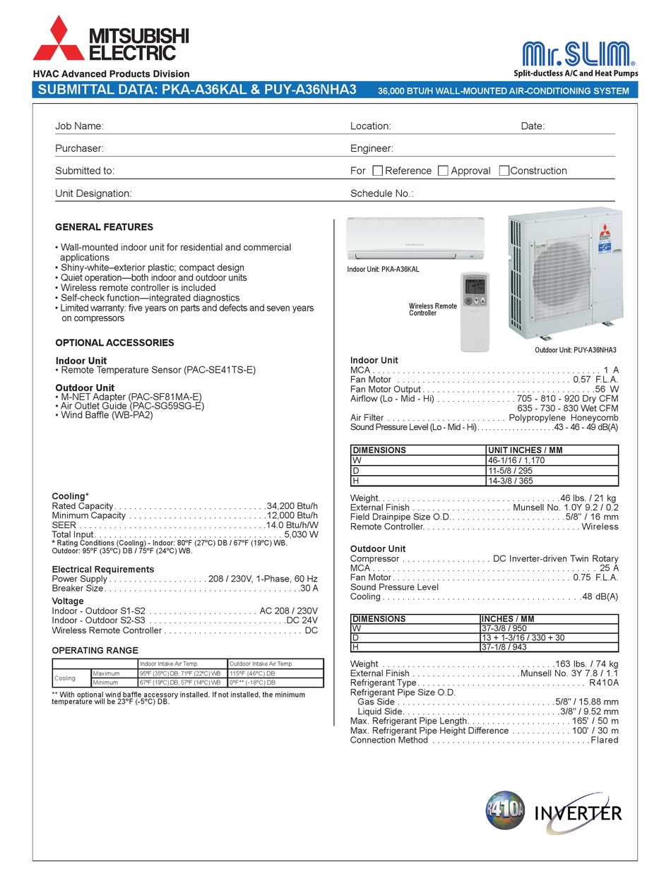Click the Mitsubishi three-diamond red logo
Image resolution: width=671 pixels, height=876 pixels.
point(57,39)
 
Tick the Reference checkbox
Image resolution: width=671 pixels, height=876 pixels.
point(377,171)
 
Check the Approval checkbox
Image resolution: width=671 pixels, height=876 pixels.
point(443,171)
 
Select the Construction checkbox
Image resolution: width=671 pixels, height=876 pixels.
point(504,171)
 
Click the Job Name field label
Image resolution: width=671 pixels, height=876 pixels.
point(79,126)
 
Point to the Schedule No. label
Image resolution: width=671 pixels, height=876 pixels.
point(381,193)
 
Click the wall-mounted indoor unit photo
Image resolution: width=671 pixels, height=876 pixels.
point(415,239)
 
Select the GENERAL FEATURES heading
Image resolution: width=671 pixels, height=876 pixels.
point(104,227)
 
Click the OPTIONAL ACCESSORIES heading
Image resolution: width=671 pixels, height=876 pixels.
point(114,343)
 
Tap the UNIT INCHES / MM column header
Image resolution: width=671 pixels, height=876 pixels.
point(525,450)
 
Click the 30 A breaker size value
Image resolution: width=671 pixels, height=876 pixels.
point(309,588)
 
